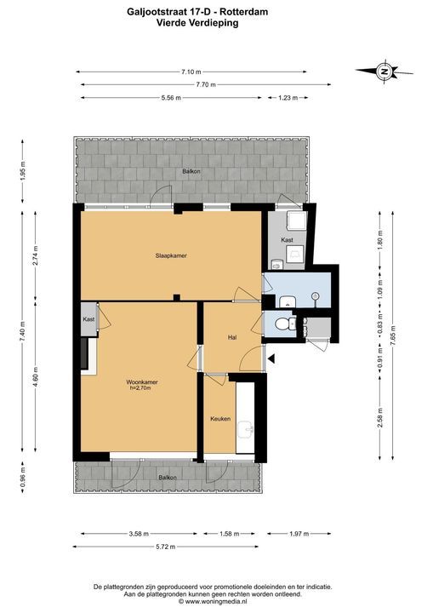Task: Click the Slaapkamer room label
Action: [171, 255]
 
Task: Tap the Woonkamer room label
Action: [142, 382]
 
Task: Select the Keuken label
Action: [220, 419]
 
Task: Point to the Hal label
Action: [232, 337]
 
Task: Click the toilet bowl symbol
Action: [285, 324]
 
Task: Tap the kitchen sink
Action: [245, 429]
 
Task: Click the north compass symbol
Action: [385, 72]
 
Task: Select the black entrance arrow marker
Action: [271, 358]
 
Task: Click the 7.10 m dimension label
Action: [191, 72]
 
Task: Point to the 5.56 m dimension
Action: [171, 98]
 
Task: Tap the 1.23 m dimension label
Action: [288, 98]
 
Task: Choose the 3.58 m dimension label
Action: [139, 534]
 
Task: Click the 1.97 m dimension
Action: [299, 534]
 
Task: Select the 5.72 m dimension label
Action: [165, 547]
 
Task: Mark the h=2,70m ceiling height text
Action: [140, 388]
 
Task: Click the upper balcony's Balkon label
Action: [191, 171]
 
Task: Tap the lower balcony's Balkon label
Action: [168, 478]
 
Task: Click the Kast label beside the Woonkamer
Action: [88, 319]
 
